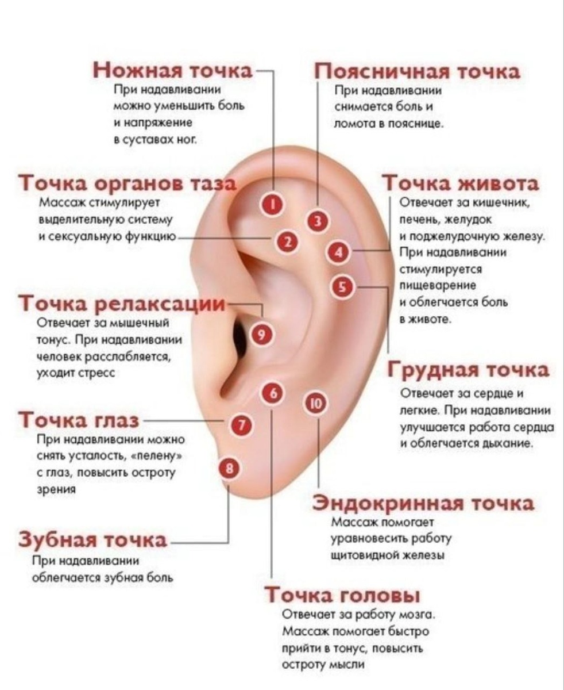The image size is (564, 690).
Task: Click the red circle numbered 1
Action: [x=273, y=205]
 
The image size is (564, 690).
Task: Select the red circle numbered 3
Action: [x=316, y=221]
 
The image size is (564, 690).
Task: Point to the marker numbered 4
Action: [x=339, y=251]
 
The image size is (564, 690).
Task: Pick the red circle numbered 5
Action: [x=343, y=286]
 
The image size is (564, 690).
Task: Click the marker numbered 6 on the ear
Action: [x=273, y=393]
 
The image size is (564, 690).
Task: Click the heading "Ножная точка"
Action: [x=173, y=70]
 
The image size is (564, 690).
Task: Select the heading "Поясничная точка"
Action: [x=417, y=71]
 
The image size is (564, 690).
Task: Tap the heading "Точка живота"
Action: [x=461, y=183]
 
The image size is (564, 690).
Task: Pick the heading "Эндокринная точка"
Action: [x=423, y=503]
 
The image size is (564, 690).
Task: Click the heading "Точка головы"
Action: [x=342, y=594]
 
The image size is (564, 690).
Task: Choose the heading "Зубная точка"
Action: [x=94, y=540]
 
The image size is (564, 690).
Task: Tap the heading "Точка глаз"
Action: [x=79, y=420]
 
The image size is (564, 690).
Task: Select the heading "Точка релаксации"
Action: [x=122, y=302]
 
